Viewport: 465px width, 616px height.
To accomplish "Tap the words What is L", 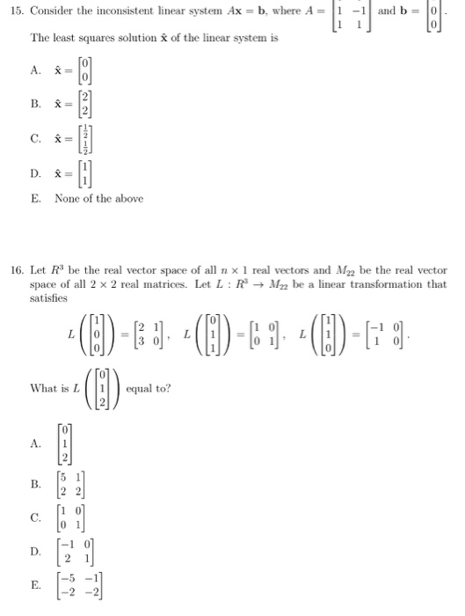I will tap(55, 388).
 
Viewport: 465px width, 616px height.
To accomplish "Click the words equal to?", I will tap(151, 388).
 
